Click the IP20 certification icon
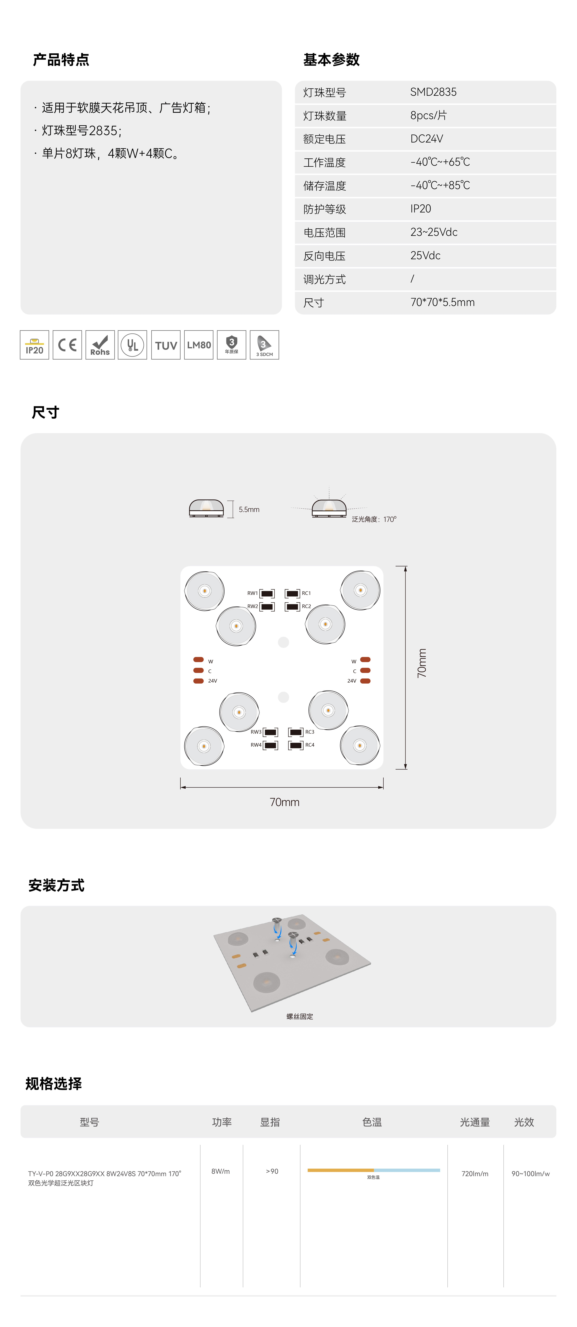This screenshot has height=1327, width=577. click(x=34, y=345)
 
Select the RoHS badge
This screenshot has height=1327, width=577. click(x=100, y=345)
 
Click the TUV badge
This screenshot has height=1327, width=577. click(x=166, y=345)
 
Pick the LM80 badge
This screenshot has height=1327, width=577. click(x=199, y=345)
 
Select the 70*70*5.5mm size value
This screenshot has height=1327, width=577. click(x=442, y=302)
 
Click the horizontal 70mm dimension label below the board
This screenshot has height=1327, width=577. click(x=284, y=802)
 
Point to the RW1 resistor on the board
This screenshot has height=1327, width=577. click(x=267, y=593)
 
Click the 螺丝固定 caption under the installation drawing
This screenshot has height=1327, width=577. click(x=300, y=1016)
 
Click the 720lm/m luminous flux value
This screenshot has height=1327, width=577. click(x=475, y=1173)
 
